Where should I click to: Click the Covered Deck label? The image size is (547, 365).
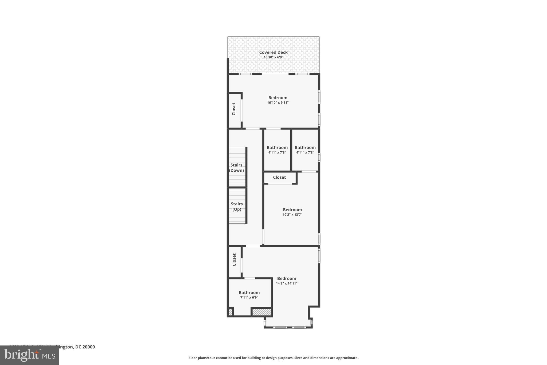click(273, 52)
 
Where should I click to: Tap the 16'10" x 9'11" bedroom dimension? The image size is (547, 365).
click(278, 103)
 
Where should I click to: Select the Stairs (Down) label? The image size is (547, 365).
click(236, 168)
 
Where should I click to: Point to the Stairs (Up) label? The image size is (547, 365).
click(237, 206)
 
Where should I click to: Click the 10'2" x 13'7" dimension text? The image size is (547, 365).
click(292, 215)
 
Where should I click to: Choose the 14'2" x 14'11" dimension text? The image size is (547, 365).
click(287, 283)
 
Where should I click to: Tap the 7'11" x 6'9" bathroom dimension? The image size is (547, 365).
click(249, 298)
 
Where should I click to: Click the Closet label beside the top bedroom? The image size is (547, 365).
click(234, 109)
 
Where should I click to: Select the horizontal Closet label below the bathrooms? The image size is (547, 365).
click(279, 177)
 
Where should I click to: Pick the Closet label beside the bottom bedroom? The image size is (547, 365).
click(234, 260)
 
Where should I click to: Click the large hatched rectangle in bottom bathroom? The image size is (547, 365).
click(262, 312)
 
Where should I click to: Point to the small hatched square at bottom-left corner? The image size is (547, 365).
click(230, 312)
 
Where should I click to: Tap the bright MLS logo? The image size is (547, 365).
click(30, 355)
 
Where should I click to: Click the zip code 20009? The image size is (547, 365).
click(89, 347)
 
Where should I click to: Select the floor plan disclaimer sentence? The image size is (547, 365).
click(273, 358)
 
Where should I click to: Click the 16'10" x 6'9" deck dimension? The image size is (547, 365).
click(273, 57)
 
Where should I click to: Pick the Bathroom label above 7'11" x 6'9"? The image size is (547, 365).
click(249, 293)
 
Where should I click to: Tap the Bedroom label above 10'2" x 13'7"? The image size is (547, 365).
click(292, 210)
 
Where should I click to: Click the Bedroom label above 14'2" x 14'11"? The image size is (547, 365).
click(287, 278)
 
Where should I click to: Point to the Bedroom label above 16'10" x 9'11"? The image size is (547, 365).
click(278, 98)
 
